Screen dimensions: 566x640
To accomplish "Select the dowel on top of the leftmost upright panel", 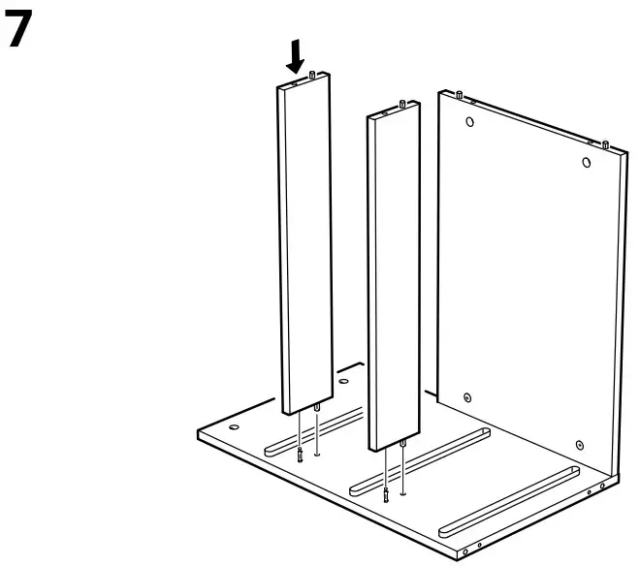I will tap(311, 74).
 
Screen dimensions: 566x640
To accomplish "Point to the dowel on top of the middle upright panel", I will tap(401, 102).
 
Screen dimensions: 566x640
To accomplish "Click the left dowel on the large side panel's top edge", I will tap(458, 94).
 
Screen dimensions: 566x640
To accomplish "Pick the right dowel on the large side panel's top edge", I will tap(605, 144).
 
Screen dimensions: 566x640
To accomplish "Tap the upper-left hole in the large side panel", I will tap(469, 123).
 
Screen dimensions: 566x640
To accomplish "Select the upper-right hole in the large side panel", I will tap(587, 162).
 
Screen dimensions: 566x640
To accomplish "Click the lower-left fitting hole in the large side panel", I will tap(467, 397).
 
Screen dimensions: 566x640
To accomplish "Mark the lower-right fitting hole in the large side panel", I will tap(579, 445).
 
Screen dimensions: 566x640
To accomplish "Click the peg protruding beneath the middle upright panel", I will tap(401, 446).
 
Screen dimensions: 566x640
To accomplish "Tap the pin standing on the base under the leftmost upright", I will tap(302, 456).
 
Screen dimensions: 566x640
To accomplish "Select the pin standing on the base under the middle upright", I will tap(386, 496).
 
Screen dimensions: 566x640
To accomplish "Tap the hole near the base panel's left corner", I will tap(233, 425).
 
